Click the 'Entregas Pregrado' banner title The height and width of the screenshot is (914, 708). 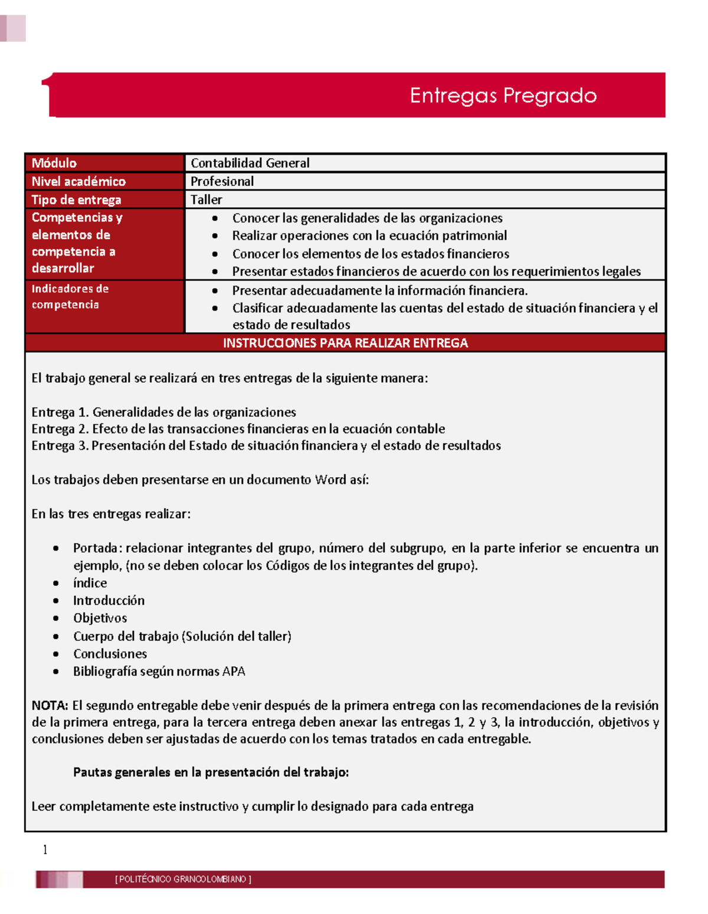[503, 96]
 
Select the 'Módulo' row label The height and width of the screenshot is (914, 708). [54, 163]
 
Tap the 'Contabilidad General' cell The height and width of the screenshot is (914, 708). [250, 163]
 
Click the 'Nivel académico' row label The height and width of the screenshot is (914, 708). [78, 181]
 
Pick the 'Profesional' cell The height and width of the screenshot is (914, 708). [222, 181]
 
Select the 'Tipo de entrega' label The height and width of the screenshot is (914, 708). [76, 199]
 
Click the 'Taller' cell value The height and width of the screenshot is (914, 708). [206, 199]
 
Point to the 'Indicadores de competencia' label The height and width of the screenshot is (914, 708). [70, 296]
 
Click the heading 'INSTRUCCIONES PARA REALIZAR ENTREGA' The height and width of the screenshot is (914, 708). [345, 343]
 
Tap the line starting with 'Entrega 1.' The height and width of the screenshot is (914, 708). [163, 412]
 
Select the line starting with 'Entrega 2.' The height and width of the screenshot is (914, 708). [238, 428]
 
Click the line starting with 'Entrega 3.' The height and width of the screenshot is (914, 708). [265, 445]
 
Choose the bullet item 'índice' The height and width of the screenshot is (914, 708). [90, 583]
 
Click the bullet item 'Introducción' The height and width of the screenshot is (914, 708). [109, 600]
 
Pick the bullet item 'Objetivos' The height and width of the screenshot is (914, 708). [100, 618]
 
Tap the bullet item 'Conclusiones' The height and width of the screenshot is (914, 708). [110, 654]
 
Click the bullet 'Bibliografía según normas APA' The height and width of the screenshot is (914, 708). [159, 671]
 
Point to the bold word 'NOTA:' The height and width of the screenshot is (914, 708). [50, 705]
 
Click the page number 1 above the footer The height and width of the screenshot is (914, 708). [45, 850]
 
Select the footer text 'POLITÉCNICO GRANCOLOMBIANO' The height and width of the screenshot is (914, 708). [183, 879]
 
